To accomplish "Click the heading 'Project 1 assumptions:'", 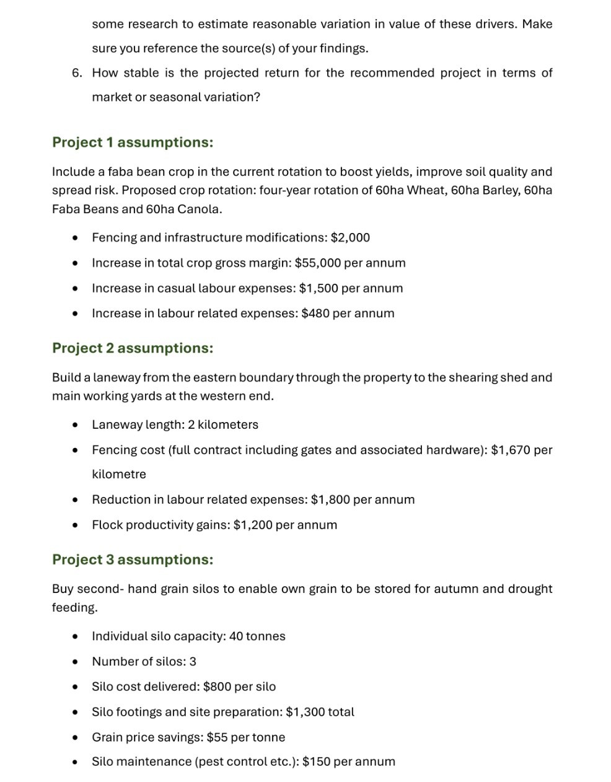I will tap(133, 143).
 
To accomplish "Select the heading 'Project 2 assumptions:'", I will tap(133, 348).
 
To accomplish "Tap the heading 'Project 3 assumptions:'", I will tap(133, 560).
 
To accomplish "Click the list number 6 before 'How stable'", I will tap(76, 73).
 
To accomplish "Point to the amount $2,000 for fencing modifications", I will tap(350, 238).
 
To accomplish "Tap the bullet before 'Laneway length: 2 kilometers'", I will tap(75, 425).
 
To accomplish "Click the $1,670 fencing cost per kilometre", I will tap(511, 450).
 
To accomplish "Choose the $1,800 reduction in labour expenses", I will tap(330, 499).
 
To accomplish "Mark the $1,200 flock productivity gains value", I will tap(253, 525).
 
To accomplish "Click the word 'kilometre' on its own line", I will tap(119, 475).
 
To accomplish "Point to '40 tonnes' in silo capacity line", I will tap(257, 636).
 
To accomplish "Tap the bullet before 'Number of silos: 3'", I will tap(75, 662).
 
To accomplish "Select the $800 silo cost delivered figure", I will tap(217, 687).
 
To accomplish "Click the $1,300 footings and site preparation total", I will tap(305, 712).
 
